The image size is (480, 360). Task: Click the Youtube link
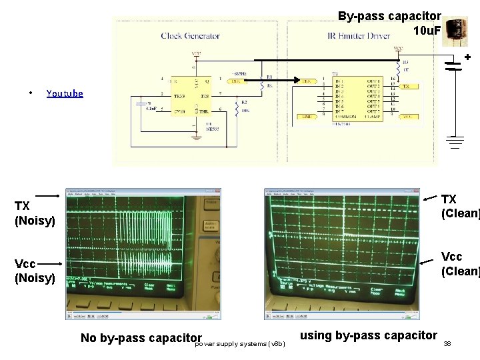point(65,94)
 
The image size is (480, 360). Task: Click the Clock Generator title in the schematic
point(190,35)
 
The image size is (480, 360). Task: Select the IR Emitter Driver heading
point(359,35)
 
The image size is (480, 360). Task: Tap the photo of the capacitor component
point(457,31)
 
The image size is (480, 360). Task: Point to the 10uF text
point(427,31)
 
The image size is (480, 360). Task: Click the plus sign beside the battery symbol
point(467,58)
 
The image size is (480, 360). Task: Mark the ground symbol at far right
point(455,142)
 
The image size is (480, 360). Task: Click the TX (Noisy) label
point(35,212)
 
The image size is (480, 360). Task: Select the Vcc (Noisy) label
point(35,271)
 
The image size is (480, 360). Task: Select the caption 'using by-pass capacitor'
point(369,335)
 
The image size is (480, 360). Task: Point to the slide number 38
point(447,344)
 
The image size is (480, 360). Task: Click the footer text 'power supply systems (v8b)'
point(240,344)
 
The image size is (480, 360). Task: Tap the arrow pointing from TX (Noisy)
point(49,195)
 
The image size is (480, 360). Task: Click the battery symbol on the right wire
point(455,65)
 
